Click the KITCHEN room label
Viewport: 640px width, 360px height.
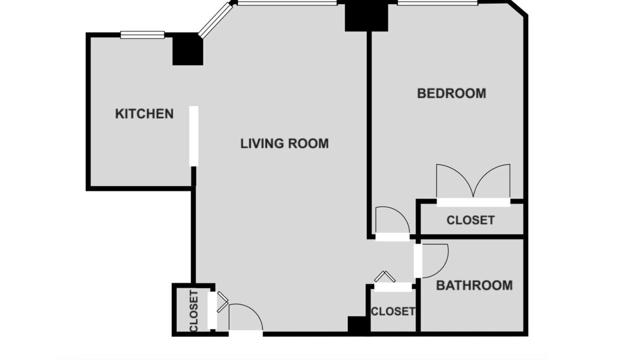[x=144, y=113]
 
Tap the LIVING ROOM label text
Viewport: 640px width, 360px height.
[x=284, y=143]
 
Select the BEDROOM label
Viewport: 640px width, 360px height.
[x=451, y=93]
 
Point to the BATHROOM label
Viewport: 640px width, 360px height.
[x=474, y=285]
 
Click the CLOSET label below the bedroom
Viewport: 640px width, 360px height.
[x=470, y=220]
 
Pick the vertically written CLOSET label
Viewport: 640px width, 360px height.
[x=193, y=311]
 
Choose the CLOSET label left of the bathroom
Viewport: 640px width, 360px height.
[x=393, y=311]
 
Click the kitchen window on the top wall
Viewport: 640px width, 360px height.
[x=142, y=35]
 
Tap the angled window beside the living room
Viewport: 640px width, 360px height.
[x=215, y=20]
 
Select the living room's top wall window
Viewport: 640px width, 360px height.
[x=287, y=3]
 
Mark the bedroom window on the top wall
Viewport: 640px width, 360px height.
[x=437, y=3]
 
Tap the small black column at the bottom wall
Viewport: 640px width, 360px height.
[x=359, y=324]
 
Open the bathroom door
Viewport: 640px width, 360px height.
[x=431, y=261]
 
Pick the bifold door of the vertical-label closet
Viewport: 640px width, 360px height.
[x=222, y=301]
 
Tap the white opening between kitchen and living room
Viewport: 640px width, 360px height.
[x=193, y=136]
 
